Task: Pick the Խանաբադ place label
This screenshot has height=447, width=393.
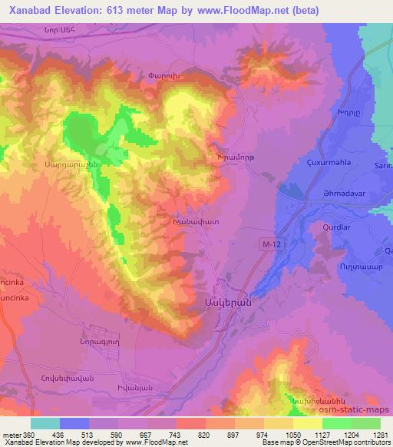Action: coord(196,220)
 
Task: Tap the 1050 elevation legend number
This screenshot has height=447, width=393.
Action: coord(294,434)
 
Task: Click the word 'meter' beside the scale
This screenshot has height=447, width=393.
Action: coord(12,434)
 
